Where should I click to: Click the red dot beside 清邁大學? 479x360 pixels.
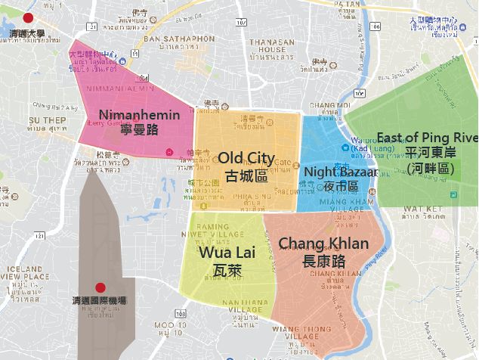coord(28,17)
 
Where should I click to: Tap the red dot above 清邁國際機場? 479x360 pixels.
coord(99,287)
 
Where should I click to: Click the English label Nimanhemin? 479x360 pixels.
coord(139,116)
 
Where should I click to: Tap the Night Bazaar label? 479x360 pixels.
coord(341,172)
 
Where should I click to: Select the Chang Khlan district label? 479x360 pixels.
coord(323,244)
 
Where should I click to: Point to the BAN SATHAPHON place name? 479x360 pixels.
coord(179,39)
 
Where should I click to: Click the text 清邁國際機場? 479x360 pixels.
coord(99,301)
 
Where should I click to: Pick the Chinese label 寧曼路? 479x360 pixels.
coord(139,130)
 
